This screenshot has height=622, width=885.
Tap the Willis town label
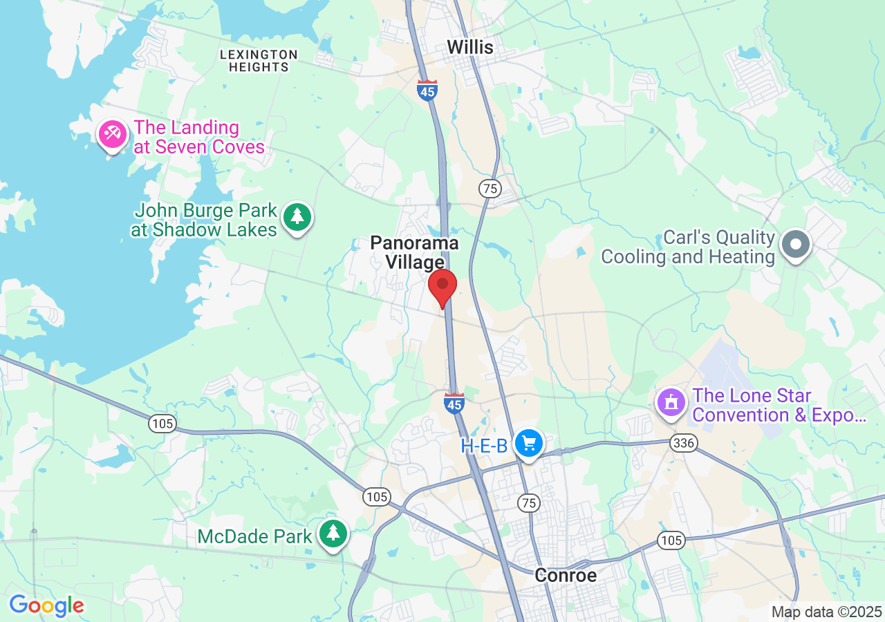click(470, 47)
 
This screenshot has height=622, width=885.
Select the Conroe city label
click(566, 575)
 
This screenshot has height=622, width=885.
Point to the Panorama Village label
click(414, 252)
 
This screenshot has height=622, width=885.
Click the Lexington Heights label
click(259, 61)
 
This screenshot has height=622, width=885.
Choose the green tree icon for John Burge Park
click(298, 217)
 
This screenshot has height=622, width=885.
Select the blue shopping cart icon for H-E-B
click(530, 442)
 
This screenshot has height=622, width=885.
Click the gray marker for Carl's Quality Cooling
click(796, 244)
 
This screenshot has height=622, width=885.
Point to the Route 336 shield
click(684, 442)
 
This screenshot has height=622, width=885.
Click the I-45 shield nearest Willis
click(427, 90)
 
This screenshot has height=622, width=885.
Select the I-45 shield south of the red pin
click(454, 404)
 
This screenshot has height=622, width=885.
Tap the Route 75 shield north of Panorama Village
click(490, 188)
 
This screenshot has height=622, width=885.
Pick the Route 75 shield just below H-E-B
click(529, 502)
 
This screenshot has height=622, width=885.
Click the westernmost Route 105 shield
click(162, 423)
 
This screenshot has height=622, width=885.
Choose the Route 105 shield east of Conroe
click(671, 540)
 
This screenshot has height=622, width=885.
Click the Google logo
click(46, 606)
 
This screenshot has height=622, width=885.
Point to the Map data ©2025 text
click(827, 612)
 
